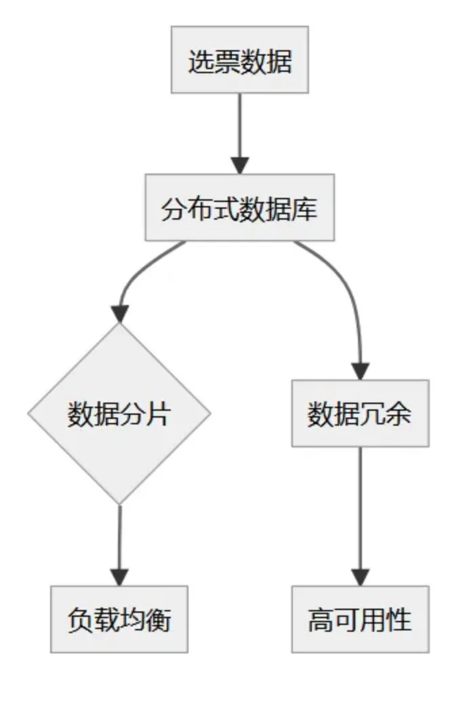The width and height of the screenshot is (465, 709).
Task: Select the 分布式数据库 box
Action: pyautogui.click(x=239, y=207)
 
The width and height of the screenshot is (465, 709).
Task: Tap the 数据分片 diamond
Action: pyautogui.click(x=119, y=413)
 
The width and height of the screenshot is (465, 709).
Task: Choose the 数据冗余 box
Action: pyautogui.click(x=360, y=413)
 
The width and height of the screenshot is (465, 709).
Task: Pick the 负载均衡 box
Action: pyautogui.click(x=119, y=619)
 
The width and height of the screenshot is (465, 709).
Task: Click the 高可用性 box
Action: pyautogui.click(x=360, y=619)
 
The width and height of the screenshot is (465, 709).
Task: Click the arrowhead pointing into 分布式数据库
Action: pyautogui.click(x=239, y=165)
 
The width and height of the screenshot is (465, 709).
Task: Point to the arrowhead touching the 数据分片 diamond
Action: pyautogui.click(x=120, y=313)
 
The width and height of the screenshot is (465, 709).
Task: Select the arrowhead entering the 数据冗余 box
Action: pyautogui.click(x=360, y=371)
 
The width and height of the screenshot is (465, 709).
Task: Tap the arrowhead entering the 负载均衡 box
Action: pyautogui.click(x=119, y=577)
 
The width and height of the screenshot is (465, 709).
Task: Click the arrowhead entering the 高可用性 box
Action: pyautogui.click(x=360, y=577)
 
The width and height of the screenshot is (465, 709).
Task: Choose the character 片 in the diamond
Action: pyautogui.click(x=158, y=413)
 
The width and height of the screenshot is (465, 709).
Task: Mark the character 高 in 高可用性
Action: pyautogui.click(x=321, y=620)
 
